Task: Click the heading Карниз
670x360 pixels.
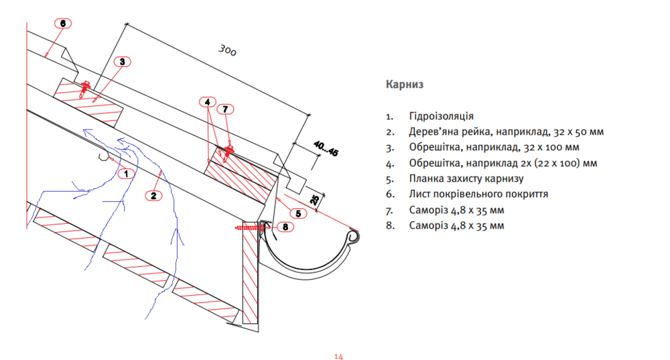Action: click(x=405, y=85)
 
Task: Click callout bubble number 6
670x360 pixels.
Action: click(x=62, y=23)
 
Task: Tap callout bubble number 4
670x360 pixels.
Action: click(x=208, y=103)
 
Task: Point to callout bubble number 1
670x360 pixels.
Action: click(x=125, y=173)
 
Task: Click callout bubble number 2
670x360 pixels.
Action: click(x=153, y=196)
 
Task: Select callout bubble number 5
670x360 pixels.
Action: click(x=298, y=213)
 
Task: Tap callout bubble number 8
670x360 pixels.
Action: click(x=285, y=227)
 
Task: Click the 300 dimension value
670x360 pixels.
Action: click(x=227, y=50)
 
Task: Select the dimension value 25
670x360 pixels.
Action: click(x=313, y=200)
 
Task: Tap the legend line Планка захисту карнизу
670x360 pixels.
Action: click(x=466, y=179)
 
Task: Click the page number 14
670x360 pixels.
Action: click(x=338, y=356)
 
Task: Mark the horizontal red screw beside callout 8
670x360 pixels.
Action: click(x=251, y=229)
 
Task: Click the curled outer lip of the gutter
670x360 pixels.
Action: click(x=352, y=237)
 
